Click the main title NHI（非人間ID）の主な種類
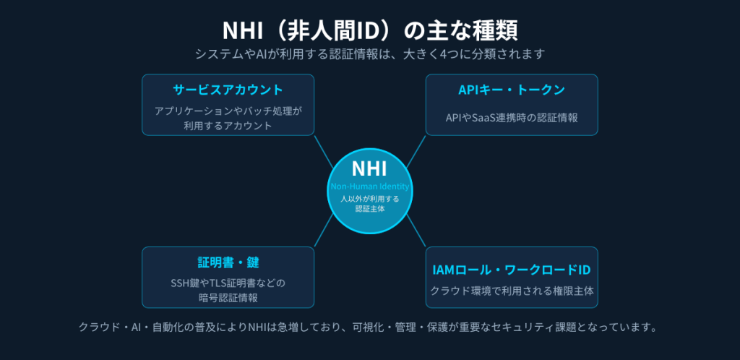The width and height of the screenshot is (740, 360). pyautogui.click(x=370, y=30)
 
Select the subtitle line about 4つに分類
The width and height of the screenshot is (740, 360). pyautogui.click(x=370, y=53)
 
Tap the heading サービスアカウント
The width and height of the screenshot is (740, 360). pyautogui.click(x=228, y=90)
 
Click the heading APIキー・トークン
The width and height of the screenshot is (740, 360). pyautogui.click(x=512, y=90)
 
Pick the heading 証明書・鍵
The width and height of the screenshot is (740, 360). pyautogui.click(x=228, y=262)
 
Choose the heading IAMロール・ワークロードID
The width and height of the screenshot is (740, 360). pyautogui.click(x=512, y=270)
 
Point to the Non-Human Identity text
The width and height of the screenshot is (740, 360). pyautogui.click(x=369, y=187)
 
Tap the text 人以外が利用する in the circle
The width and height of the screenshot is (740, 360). pyautogui.click(x=369, y=199)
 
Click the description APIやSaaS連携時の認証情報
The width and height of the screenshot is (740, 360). pyautogui.click(x=512, y=118)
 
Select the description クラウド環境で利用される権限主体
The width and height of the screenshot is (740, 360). pyautogui.click(x=512, y=291)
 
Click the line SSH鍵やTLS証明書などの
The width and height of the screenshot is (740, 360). pyautogui.click(x=228, y=283)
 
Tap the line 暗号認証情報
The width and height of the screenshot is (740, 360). pyautogui.click(x=228, y=298)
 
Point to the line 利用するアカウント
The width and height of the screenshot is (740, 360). pyautogui.click(x=228, y=126)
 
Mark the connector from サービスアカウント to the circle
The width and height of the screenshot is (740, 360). pyautogui.click(x=324, y=152)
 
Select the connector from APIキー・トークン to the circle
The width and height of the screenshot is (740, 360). pyautogui.click(x=416, y=152)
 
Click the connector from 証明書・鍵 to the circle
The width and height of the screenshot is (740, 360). pyautogui.click(x=324, y=231)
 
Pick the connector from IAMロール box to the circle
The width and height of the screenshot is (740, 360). pyautogui.click(x=416, y=231)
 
